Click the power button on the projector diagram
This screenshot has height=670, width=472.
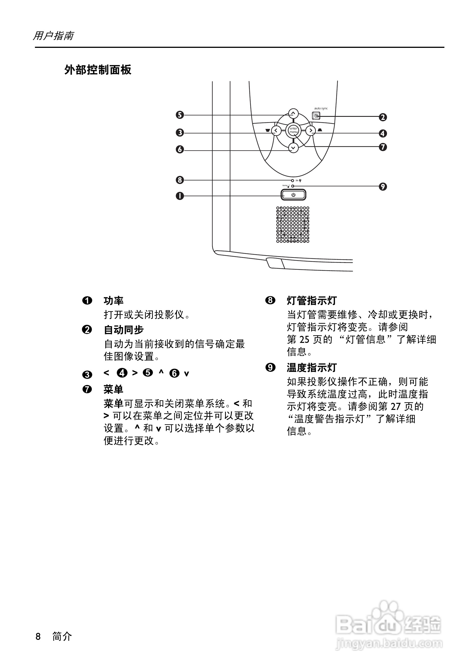coord(293,195)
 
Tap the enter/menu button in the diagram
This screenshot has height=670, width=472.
coord(293,130)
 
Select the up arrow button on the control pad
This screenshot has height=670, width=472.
coord(293,113)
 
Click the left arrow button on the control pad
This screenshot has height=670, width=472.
coord(276,130)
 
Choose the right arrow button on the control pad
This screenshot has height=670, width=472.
coord(311,130)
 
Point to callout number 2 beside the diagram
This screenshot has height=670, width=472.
coord(383,117)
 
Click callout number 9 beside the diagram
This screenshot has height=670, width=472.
coord(383,186)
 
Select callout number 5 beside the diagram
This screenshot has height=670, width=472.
coord(180,115)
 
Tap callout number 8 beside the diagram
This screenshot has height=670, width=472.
coord(180,180)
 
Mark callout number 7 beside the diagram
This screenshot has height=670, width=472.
coord(383,147)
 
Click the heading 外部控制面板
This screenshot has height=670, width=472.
coord(98,70)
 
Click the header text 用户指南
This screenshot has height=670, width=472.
coord(53,36)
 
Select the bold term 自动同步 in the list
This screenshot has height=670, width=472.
coord(124,330)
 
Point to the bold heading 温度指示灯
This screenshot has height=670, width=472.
coord(312,368)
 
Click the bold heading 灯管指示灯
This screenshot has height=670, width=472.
coord(312,301)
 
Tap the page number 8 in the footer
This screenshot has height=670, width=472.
coord(38,636)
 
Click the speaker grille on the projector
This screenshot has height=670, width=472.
coord(293,225)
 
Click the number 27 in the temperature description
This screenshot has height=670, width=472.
coord(395,407)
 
